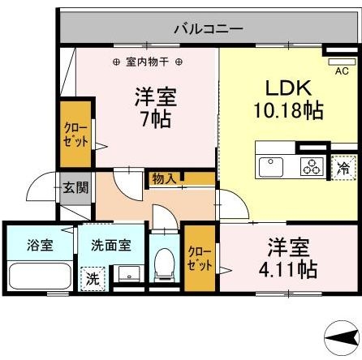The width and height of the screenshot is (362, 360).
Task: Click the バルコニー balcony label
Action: click(x=207, y=28)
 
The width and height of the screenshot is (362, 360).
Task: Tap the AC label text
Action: click(x=342, y=70)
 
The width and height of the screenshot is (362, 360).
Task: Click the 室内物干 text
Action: click(x=146, y=62)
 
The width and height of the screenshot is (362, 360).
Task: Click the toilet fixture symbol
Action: click(x=165, y=264)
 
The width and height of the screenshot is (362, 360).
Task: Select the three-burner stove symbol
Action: click(x=311, y=168)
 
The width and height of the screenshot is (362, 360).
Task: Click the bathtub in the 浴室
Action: click(x=37, y=276)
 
